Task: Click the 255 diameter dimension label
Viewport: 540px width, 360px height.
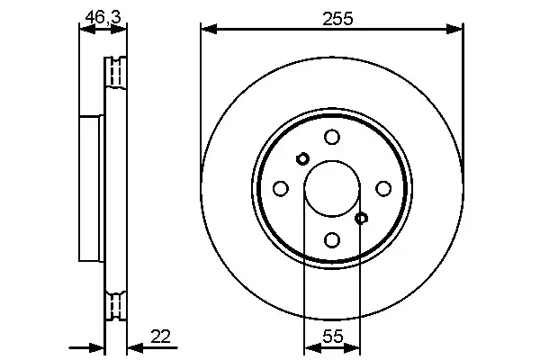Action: coord(333,16)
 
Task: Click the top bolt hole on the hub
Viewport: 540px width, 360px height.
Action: coord(332,137)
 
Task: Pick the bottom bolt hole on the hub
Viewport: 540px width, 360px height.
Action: coord(332,239)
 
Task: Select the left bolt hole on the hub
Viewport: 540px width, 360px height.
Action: coord(281,188)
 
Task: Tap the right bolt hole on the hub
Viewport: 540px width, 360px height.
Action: coord(383,188)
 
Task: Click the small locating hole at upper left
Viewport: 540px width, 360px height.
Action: coord(302,158)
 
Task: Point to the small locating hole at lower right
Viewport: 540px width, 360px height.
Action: coord(362,218)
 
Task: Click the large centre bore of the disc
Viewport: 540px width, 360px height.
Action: coord(332,188)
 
